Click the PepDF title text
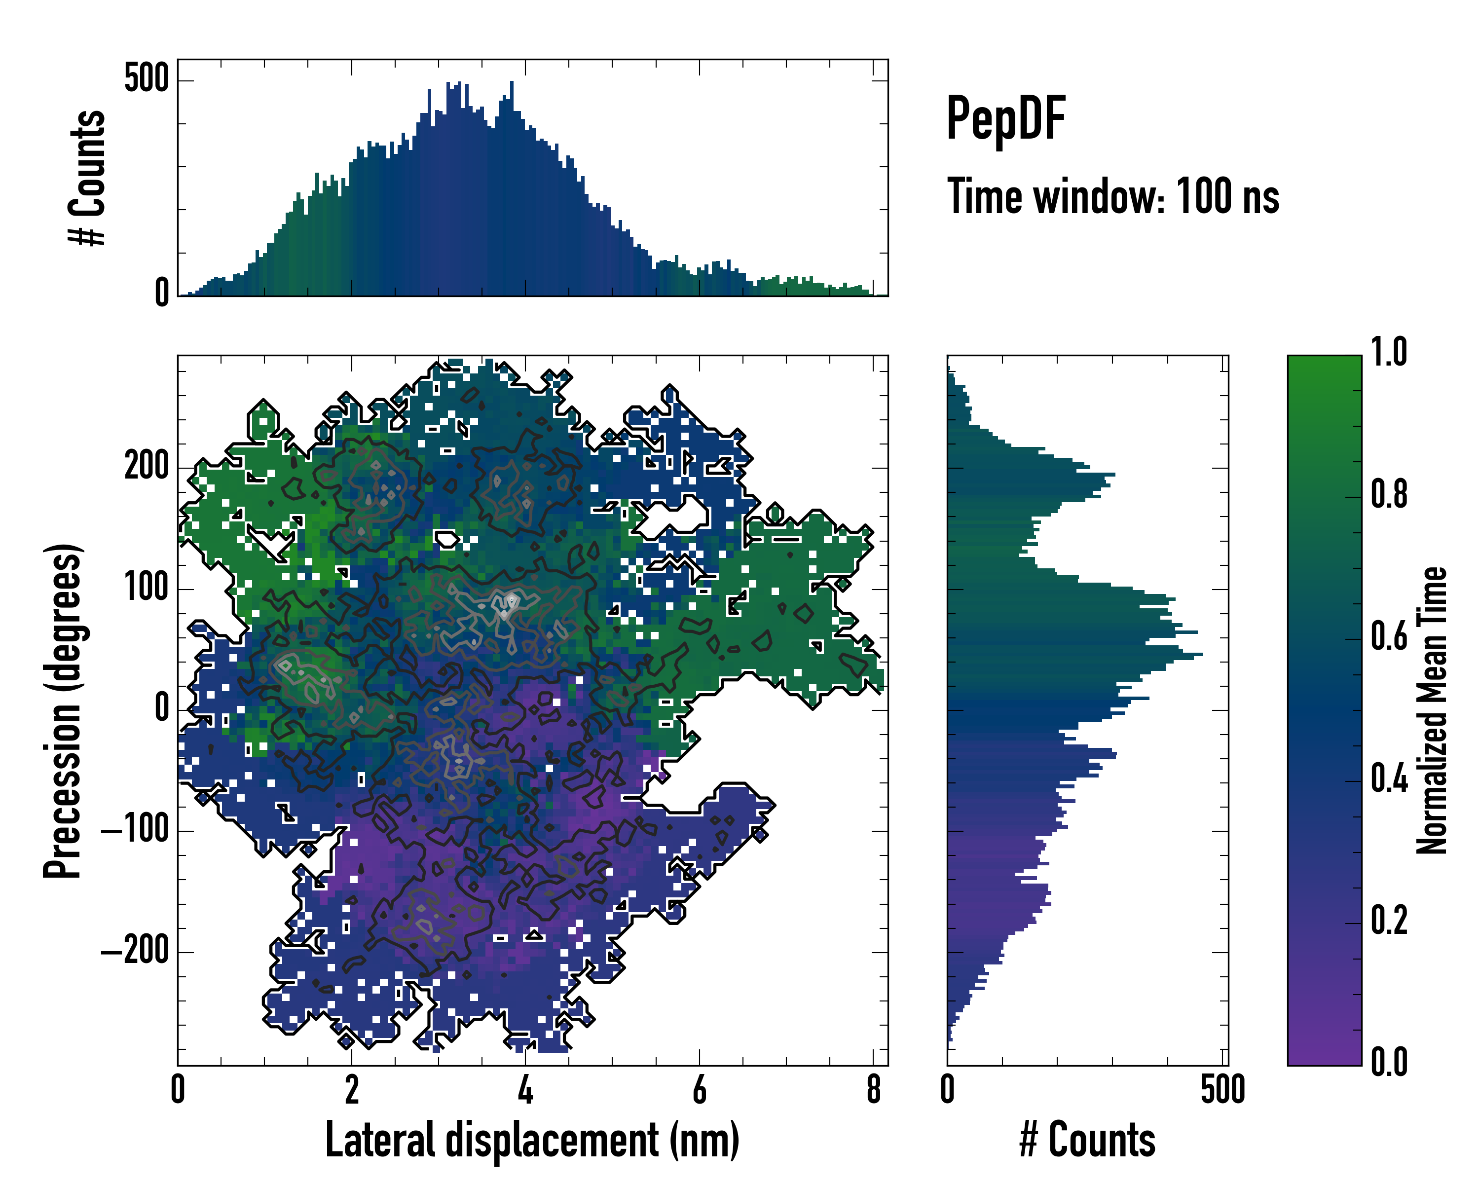pos(1005,119)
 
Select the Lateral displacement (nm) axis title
pos(532,1140)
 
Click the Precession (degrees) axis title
pos(63,710)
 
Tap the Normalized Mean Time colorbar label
pos(1432,710)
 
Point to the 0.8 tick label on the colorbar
pos(1389,494)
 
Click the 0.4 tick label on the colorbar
pos(1389,779)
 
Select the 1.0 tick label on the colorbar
pos(1389,352)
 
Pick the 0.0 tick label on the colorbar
pos(1389,1061)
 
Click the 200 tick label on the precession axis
pos(146,467)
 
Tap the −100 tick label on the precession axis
pos(135,830)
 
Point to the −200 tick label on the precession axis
pos(135,951)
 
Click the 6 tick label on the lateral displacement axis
pos(699,1090)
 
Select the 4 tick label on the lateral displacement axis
pos(525,1090)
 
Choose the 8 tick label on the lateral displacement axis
pos(873,1090)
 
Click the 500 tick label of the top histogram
pos(146,79)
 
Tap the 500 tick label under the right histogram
pos(1222,1090)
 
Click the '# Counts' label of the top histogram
pos(88,177)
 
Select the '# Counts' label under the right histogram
pos(1087,1140)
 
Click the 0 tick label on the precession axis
pos(162,709)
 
